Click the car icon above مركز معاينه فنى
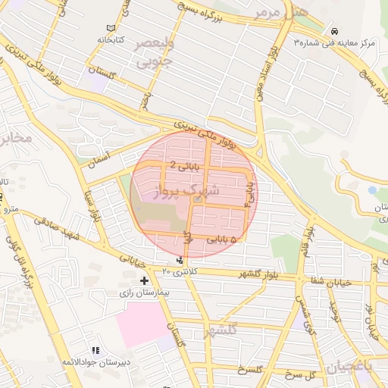point(334,31)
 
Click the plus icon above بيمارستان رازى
point(145,280)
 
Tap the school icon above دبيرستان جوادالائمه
point(95,350)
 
